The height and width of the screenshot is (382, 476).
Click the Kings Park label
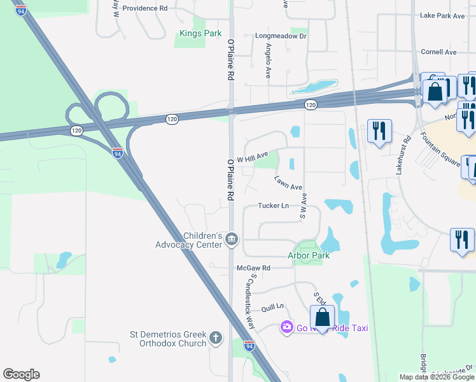click(x=200, y=33)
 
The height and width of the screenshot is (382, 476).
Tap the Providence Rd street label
click(x=144, y=8)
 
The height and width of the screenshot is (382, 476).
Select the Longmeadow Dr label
click(x=281, y=36)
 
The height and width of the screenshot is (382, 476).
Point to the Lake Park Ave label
click(x=443, y=16)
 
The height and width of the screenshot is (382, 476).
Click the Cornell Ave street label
click(x=438, y=52)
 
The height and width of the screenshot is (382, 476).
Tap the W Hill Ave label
click(x=253, y=157)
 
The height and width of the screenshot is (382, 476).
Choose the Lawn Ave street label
click(x=288, y=183)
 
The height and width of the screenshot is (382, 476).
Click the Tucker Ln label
click(x=274, y=206)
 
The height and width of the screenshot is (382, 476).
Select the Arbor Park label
click(x=309, y=255)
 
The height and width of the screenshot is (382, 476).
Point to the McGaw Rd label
click(x=253, y=268)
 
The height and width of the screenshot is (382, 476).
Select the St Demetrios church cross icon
click(x=216, y=337)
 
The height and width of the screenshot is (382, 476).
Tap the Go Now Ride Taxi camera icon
click(x=286, y=327)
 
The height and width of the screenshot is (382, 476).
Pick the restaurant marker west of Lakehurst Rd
click(x=380, y=131)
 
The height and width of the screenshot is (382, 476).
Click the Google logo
click(x=21, y=374)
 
